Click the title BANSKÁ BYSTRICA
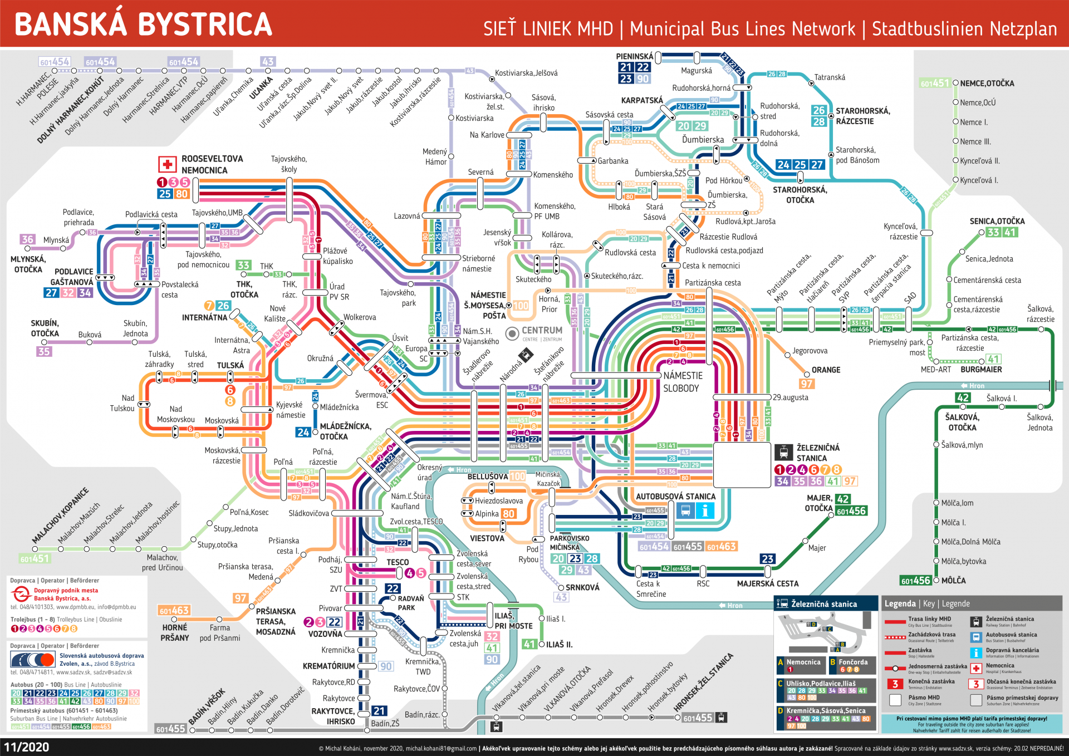pos(143,24)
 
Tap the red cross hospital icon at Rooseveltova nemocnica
pos(167,165)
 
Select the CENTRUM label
pos(542,331)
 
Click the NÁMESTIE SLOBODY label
pos(683,382)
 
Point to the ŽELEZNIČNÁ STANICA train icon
pos(783,452)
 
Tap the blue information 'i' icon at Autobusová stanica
pos(705,510)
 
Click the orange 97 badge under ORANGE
pos(806,384)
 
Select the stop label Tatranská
pos(830,77)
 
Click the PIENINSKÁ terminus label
pos(635,56)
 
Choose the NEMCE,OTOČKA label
pos(987,84)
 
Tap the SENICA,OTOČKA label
pos(997,221)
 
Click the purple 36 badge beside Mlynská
pos(27,239)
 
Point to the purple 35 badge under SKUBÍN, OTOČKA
pos(44,351)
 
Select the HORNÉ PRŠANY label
pos(175,632)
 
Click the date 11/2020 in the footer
pos(26,747)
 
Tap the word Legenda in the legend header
pos(900,603)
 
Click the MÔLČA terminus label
pos(953,581)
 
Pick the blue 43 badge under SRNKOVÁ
pos(561,597)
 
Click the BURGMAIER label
pos(981,370)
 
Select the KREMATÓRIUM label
pos(328,666)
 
